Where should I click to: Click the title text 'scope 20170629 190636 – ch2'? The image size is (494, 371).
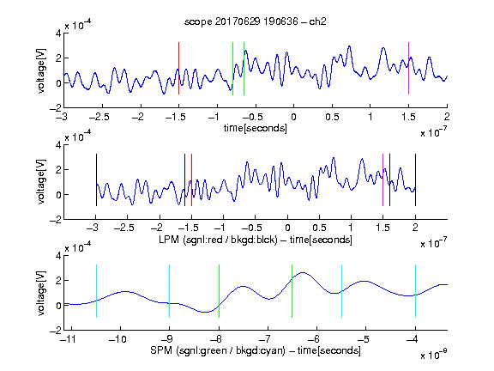(x=256, y=21)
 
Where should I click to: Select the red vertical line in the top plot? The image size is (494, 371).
(x=178, y=68)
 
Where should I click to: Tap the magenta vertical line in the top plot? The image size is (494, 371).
(x=408, y=68)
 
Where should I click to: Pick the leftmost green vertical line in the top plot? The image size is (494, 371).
(x=232, y=69)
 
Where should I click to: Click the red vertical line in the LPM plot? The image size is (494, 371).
(x=191, y=179)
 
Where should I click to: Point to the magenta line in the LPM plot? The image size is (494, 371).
(x=383, y=179)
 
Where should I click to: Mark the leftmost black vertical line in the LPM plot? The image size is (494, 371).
(x=96, y=179)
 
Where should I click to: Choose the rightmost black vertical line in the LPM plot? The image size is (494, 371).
(x=415, y=179)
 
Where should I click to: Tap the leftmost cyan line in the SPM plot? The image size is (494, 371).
(x=96, y=291)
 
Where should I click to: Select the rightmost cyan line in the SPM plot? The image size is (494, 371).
(x=415, y=291)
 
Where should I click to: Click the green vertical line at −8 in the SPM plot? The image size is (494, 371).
(x=219, y=291)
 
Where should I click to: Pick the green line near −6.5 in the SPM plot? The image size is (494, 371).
(x=292, y=291)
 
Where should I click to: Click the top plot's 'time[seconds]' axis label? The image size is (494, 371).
(x=256, y=128)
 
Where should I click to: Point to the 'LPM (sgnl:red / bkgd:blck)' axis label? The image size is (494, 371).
(x=218, y=240)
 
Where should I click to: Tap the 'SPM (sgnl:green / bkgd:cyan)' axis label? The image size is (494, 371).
(x=218, y=350)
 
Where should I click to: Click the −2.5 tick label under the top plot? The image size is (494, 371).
(x=99, y=117)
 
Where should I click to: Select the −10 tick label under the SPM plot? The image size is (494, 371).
(x=117, y=339)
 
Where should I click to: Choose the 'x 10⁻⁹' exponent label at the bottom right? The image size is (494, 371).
(x=434, y=355)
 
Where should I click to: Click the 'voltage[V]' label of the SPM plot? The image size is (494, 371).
(x=41, y=293)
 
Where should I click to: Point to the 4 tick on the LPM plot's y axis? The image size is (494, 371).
(x=58, y=145)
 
